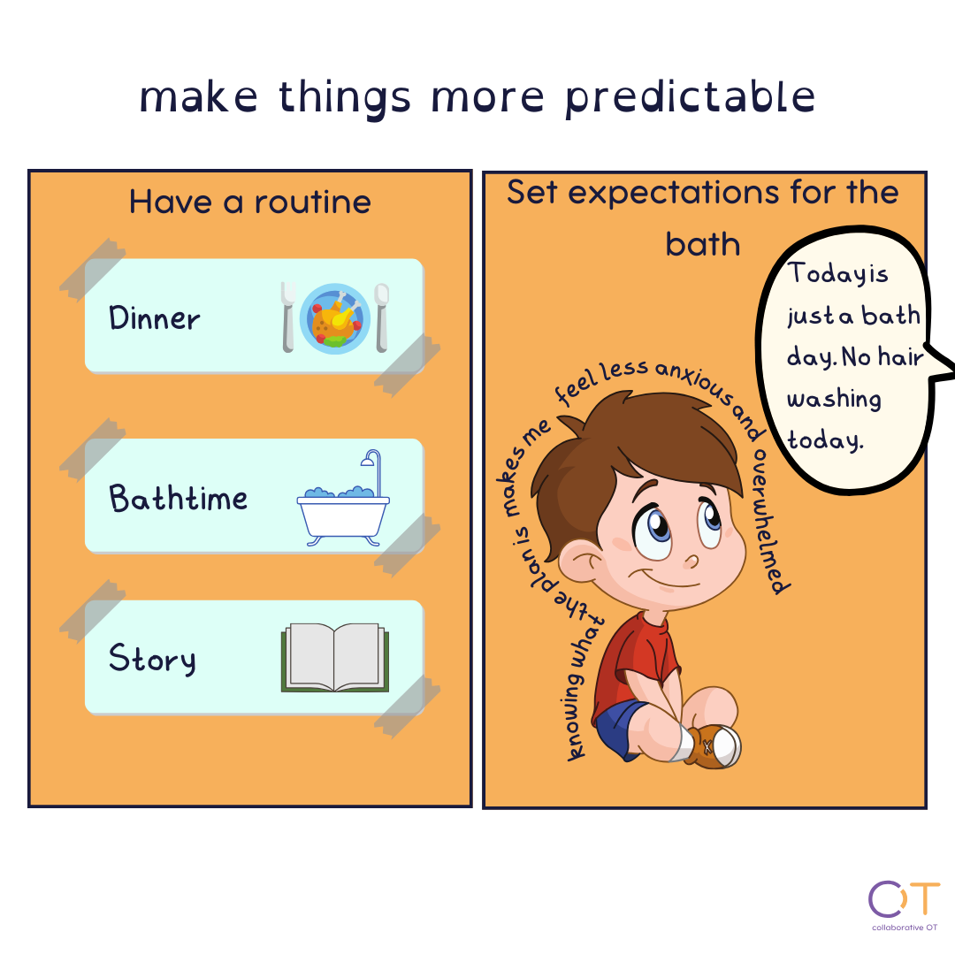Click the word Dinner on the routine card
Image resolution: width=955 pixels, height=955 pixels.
click(154, 318)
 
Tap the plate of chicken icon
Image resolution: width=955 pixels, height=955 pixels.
click(335, 318)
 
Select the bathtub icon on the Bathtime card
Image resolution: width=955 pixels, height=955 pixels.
click(343, 498)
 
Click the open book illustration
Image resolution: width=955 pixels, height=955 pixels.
click(335, 657)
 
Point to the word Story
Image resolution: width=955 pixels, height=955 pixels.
click(152, 659)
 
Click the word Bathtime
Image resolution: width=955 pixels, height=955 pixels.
click(179, 498)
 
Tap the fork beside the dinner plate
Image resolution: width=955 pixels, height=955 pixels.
click(288, 317)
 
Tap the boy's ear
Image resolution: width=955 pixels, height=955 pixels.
click(580, 561)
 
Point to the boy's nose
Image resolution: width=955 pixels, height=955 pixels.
click(691, 561)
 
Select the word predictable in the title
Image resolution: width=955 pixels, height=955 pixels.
click(690, 97)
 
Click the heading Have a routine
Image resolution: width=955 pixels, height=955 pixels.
click(249, 202)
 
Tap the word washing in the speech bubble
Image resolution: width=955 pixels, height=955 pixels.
click(834, 400)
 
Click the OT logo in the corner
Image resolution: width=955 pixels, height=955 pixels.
click(904, 905)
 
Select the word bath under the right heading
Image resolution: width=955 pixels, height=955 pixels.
click(703, 244)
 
